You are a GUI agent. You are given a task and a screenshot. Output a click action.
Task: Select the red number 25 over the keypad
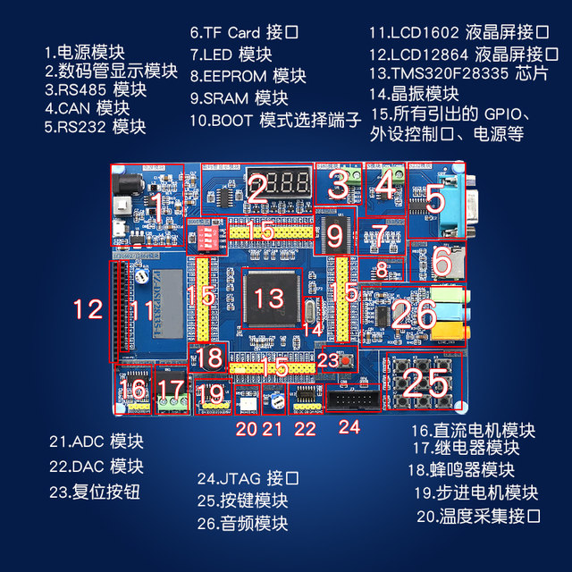point(425,383)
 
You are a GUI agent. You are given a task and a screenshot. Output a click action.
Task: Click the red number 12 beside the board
point(88,309)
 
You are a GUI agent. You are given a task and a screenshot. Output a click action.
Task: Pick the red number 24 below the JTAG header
point(349,427)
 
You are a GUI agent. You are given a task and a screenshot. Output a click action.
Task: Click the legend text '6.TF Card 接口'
point(243,32)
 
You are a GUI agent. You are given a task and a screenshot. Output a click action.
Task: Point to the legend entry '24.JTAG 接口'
point(248,478)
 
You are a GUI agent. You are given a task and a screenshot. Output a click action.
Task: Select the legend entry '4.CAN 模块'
point(87,108)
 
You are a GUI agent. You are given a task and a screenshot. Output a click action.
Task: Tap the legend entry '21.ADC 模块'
point(96,442)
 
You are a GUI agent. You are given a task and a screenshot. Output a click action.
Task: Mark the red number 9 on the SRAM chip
point(332,236)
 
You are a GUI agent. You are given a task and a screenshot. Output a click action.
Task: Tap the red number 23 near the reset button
point(328,359)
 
